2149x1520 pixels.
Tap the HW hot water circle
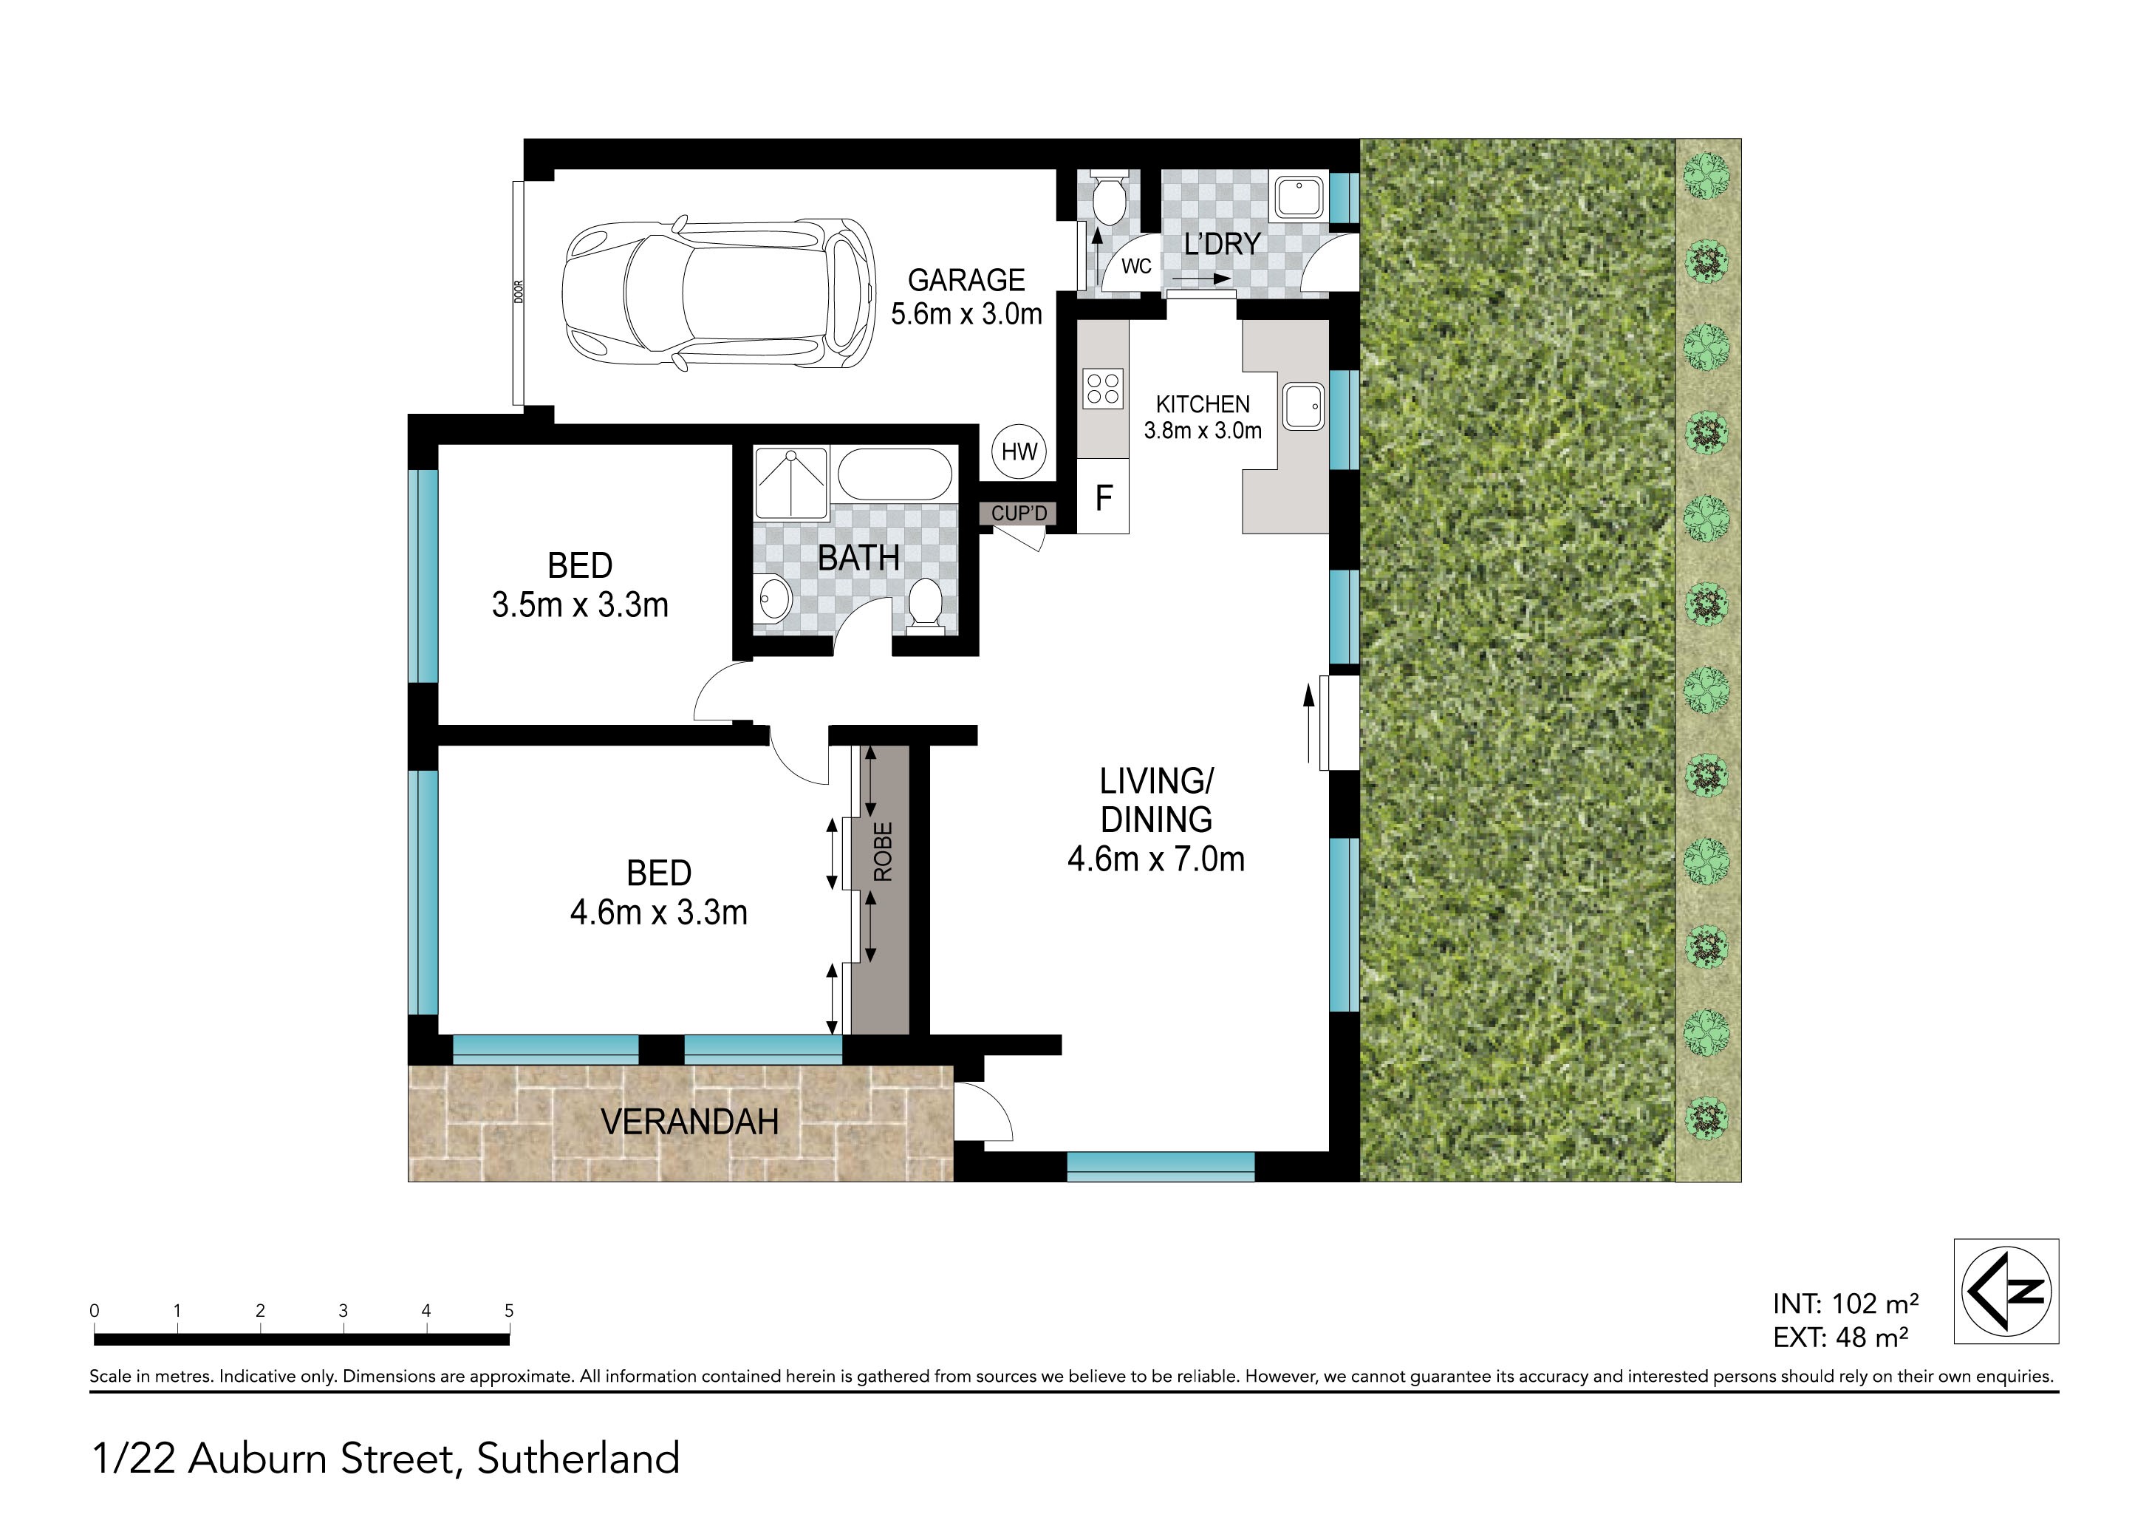(x=1019, y=452)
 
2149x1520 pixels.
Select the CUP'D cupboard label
(x=1019, y=513)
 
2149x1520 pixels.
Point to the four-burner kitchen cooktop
(x=1104, y=389)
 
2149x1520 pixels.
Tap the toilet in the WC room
(x=1111, y=199)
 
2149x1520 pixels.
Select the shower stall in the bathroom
(x=792, y=483)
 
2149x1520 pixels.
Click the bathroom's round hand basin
(x=774, y=598)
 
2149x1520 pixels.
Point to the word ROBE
(x=883, y=852)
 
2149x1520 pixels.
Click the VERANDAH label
(x=690, y=1121)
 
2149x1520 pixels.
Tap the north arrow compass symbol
(x=2006, y=1292)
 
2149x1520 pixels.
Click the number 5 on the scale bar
(x=509, y=1310)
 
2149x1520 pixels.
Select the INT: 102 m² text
(x=1845, y=1303)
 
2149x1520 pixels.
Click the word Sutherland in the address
(x=578, y=1458)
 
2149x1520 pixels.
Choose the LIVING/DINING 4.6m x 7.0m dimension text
(x=1157, y=820)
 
